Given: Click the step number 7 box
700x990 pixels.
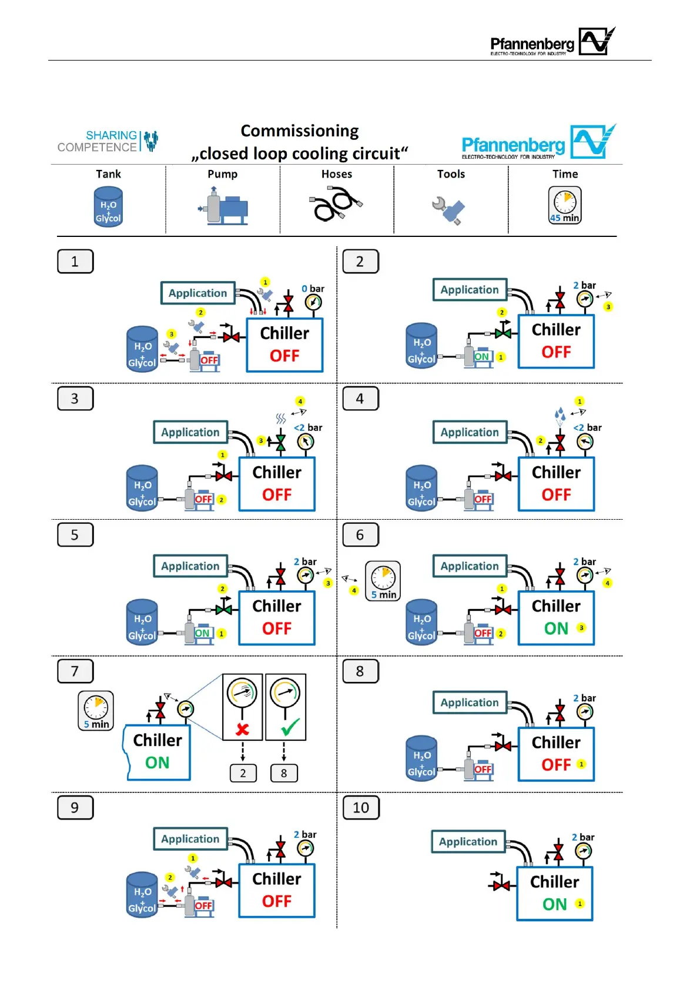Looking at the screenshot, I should [x=75, y=671].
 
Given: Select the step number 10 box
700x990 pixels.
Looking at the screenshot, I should [x=361, y=807].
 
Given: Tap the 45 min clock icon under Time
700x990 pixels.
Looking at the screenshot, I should [x=565, y=205].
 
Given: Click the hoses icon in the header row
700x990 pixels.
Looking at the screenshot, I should [x=336, y=203].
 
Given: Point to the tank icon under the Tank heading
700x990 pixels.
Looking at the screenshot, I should [x=108, y=206].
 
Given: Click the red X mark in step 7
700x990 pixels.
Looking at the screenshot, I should [x=242, y=730].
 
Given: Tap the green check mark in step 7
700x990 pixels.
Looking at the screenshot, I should [x=290, y=727].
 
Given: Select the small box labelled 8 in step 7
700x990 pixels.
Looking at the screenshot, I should [x=284, y=773].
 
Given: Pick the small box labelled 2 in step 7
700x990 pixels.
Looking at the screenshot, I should [x=243, y=773].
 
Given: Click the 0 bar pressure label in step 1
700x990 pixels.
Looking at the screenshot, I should [x=313, y=289].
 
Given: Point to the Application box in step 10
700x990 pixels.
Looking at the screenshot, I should [x=468, y=841].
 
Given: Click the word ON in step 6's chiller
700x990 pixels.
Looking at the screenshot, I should [x=556, y=628].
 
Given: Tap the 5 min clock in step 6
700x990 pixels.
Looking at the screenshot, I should [x=383, y=580].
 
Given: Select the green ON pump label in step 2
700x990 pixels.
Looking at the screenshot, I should [x=482, y=357].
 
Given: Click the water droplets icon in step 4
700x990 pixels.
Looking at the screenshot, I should [x=560, y=416].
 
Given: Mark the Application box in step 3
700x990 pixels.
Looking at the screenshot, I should [x=190, y=432].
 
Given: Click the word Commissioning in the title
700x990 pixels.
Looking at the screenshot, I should [x=300, y=131].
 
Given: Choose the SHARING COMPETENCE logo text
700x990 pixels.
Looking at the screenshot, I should [x=98, y=141].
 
